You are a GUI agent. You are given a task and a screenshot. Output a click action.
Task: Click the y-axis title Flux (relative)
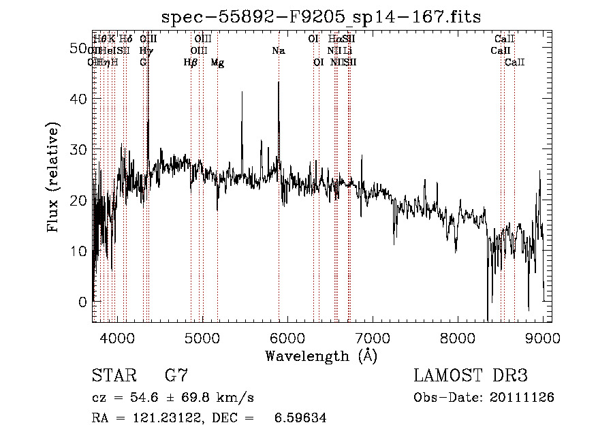[53, 177]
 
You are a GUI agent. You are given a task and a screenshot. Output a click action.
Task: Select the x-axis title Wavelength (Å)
[321, 356]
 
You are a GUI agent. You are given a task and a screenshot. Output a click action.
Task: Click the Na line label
[278, 51]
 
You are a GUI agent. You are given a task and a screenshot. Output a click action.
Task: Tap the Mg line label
[217, 63]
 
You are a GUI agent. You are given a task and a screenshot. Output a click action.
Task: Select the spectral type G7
[176, 376]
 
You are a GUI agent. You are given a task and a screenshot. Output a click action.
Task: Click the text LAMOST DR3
[470, 376]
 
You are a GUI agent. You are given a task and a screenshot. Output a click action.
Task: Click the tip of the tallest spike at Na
[279, 82]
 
